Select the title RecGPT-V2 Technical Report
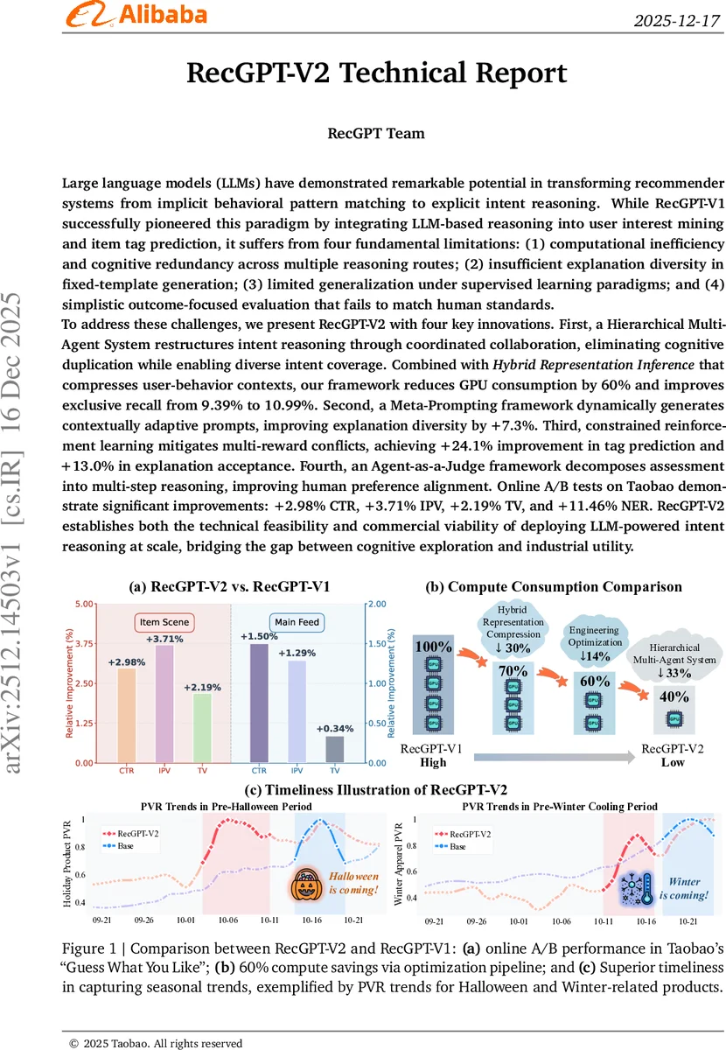click(x=376, y=73)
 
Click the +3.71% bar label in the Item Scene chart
click(x=164, y=640)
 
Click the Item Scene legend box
click(x=164, y=622)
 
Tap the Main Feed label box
click(x=297, y=622)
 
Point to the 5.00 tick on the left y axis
click(x=83, y=605)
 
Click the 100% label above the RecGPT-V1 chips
click(x=434, y=647)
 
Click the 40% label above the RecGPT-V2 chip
click(x=674, y=696)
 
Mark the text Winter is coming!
click(x=684, y=889)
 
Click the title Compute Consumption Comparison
click(x=554, y=587)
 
